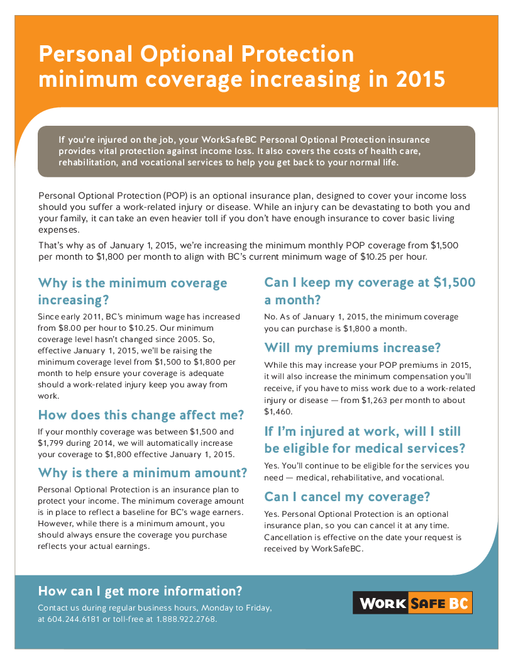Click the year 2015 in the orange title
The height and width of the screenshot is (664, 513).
pyautogui.click(x=421, y=79)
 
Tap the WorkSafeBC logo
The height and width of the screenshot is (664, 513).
pyautogui.click(x=412, y=602)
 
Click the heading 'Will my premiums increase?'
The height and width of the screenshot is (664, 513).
pyautogui.click(x=353, y=348)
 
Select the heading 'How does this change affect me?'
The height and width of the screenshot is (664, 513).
pyautogui.click(x=141, y=414)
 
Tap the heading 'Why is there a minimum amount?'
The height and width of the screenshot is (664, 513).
pyautogui.click(x=143, y=473)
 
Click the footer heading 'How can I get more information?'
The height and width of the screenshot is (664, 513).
pyautogui.click(x=140, y=590)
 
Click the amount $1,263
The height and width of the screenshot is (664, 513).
pyautogui.click(x=374, y=400)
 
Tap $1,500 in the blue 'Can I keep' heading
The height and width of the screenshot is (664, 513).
pyautogui.click(x=454, y=282)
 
